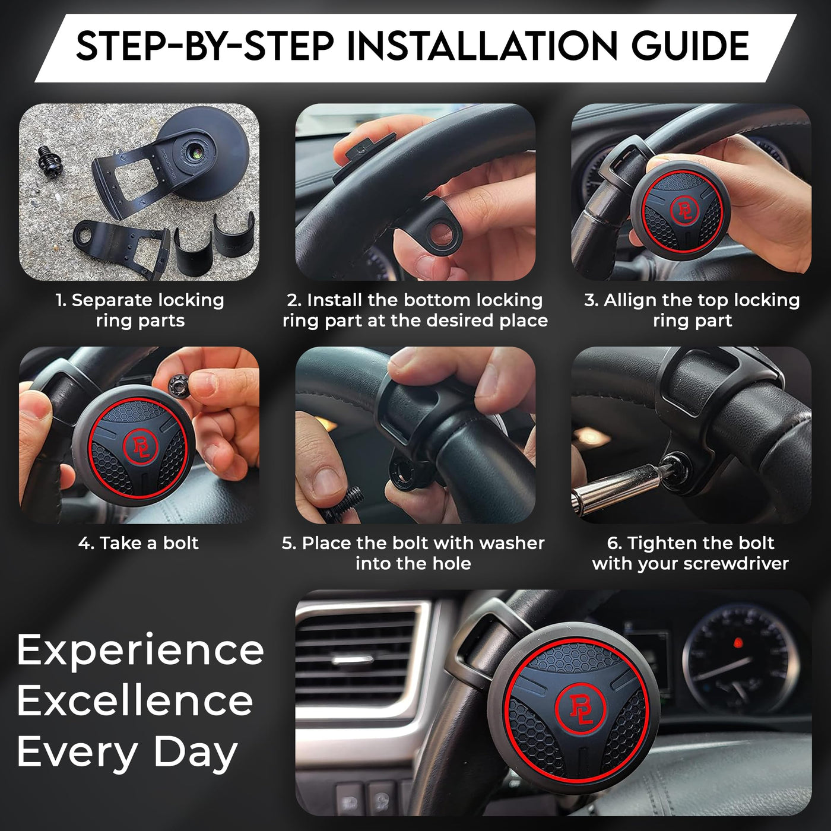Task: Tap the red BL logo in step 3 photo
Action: (x=684, y=210)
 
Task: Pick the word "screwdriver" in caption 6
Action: (x=739, y=564)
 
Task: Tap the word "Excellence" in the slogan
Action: (x=135, y=701)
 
